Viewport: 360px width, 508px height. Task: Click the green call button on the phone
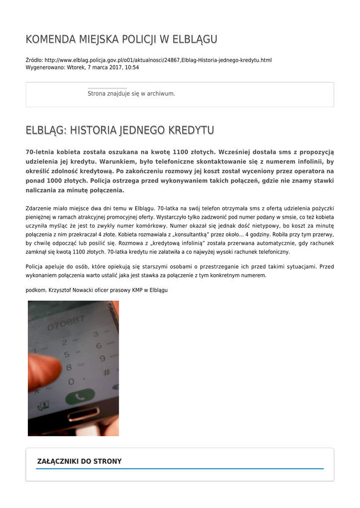coord(79,397)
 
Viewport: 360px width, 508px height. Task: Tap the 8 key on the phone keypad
coord(69,368)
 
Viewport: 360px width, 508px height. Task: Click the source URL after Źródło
coord(158,60)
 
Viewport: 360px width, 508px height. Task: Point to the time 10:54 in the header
coord(132,67)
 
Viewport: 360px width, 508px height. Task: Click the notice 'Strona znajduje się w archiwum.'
coord(131,93)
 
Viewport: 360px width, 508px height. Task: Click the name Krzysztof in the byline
coord(61,290)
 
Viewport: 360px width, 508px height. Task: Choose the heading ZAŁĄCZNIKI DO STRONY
coord(79,461)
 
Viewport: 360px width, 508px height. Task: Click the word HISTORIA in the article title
coord(92,130)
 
